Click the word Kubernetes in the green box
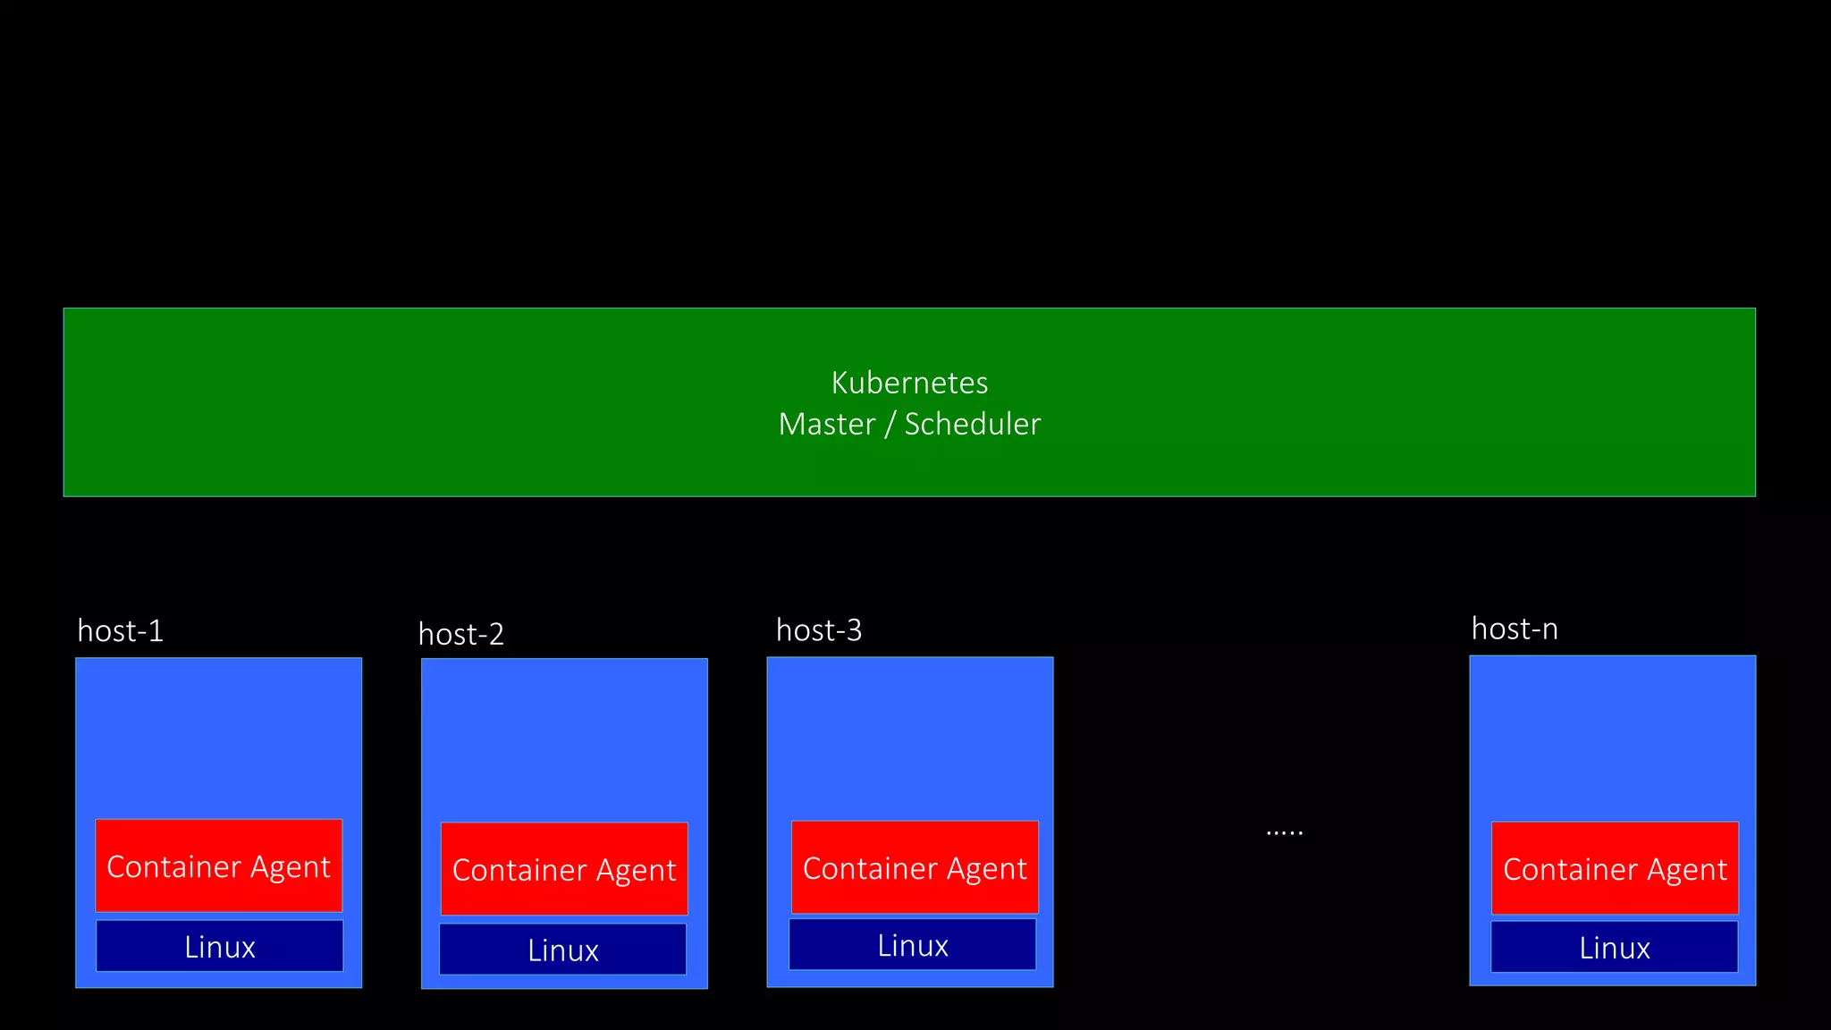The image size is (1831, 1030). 909,383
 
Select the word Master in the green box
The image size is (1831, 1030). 827,424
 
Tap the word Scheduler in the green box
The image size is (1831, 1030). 973,424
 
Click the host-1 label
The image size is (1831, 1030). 121,631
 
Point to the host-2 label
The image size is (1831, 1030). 461,635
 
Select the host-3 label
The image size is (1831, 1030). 819,630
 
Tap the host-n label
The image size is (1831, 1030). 1515,629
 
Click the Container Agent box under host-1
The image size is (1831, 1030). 219,865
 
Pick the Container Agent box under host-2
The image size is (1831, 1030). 564,868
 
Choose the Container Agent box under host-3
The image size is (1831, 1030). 915,867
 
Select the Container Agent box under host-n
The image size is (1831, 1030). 1615,868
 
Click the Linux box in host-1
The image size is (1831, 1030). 220,946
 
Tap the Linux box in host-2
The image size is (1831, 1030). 563,950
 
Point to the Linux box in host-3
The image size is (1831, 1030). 913,945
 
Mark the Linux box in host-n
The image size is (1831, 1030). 1615,947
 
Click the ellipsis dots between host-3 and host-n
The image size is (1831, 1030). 1285,832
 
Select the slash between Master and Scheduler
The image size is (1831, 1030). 890,424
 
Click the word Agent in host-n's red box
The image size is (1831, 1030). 1687,870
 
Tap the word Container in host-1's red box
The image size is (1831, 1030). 173,866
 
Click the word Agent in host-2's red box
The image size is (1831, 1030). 637,871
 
